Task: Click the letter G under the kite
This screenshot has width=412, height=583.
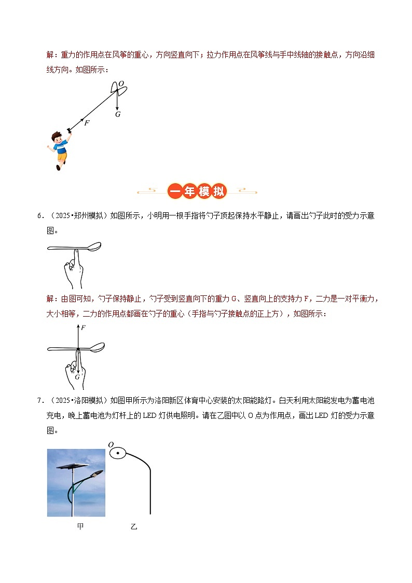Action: coord(118,114)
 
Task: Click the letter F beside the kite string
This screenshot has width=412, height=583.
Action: coord(87,123)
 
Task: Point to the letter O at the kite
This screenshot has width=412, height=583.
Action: coord(121,84)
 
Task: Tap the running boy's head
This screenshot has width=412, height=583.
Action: coord(57,139)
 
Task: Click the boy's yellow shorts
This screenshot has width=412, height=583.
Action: coord(62,156)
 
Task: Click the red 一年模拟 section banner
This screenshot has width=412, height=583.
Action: coord(198,192)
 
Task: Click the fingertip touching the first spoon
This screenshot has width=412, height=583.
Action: coord(75,252)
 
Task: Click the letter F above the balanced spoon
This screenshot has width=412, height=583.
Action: coord(83,328)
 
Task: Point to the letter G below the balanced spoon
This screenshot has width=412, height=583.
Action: coord(77,377)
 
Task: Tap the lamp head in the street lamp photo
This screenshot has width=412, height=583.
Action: coord(97,473)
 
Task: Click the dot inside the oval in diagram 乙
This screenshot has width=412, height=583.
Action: coord(118,454)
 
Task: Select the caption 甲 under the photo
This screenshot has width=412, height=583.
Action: coord(80,526)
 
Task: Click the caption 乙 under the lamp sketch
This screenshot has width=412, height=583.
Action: coord(134,526)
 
